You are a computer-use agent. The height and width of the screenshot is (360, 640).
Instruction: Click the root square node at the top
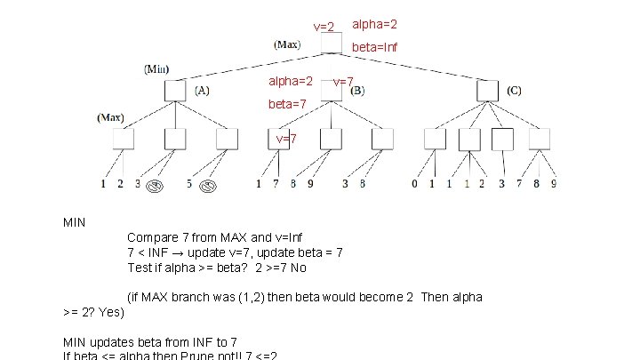point(331,44)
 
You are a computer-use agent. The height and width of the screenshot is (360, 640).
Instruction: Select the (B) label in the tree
point(356,91)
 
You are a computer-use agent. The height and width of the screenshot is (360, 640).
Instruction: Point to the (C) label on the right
point(515,90)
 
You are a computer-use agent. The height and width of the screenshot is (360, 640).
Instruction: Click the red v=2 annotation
point(324,28)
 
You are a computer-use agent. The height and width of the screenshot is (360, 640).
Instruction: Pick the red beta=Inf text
point(374,46)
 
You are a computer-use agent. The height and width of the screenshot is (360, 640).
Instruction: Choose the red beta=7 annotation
point(288,104)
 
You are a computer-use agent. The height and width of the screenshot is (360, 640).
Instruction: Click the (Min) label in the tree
point(157,69)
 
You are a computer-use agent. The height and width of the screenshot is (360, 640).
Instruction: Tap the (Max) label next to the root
point(287,44)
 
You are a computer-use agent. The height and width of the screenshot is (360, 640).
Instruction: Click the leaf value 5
point(189,184)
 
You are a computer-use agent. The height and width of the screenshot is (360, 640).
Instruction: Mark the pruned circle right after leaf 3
point(154,186)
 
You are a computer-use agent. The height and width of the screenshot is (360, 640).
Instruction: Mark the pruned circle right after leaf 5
point(209,186)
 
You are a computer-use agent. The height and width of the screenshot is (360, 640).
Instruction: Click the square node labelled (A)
point(175,90)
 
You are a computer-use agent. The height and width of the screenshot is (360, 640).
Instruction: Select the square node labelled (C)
point(486,90)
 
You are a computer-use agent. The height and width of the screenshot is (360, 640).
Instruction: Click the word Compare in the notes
point(152,237)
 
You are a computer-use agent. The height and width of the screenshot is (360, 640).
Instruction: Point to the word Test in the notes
point(140,268)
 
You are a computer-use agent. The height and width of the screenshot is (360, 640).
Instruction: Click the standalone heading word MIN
point(74,221)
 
